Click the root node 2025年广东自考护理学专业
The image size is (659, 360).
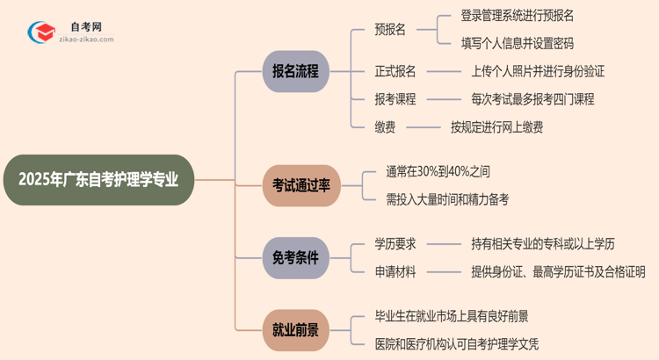pyautogui.click(x=98, y=180)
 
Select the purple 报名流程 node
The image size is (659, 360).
pyautogui.click(x=295, y=70)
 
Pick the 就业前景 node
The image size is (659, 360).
pyautogui.click(x=295, y=330)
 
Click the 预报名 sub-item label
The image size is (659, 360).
pyautogui.click(x=389, y=29)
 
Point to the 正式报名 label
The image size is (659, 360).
pyautogui.click(x=395, y=71)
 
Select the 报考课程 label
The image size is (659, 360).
pyautogui.click(x=395, y=99)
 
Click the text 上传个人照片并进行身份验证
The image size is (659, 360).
pyautogui.click(x=538, y=71)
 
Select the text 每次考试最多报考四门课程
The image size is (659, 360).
pyautogui.click(x=532, y=99)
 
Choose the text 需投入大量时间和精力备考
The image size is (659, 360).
pyautogui.click(x=447, y=198)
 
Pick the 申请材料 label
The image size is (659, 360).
pyautogui.click(x=395, y=272)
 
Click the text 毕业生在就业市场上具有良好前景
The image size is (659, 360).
pyautogui.click(x=452, y=315)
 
